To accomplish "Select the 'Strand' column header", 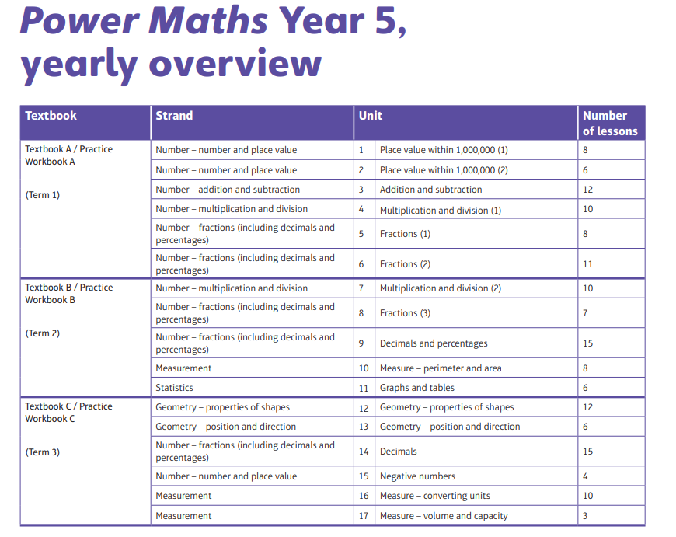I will [x=174, y=116].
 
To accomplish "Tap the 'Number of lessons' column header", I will [x=610, y=123].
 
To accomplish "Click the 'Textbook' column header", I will [x=51, y=116].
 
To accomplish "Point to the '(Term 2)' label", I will [x=42, y=333].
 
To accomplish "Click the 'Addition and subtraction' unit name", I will [x=430, y=190].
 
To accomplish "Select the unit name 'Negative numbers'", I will [x=417, y=476].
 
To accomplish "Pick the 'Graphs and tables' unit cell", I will [x=417, y=388].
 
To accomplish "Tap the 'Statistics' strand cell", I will [x=174, y=388].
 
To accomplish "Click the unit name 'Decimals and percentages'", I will [x=434, y=343].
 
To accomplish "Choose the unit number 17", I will [x=364, y=516].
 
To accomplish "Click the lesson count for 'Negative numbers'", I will [x=585, y=476].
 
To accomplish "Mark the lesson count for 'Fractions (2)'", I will [x=587, y=264].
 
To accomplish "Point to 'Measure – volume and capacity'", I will [x=444, y=516].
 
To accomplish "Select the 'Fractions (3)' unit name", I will [x=405, y=313].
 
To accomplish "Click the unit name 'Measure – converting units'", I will [x=435, y=496].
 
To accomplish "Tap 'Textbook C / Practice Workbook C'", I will [x=68, y=413].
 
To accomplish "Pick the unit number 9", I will [x=361, y=343].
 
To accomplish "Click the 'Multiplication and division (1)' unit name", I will [x=441, y=210].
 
